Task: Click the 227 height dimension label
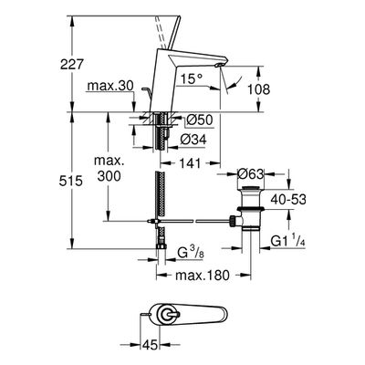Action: click(x=71, y=65)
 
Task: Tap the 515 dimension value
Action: click(x=71, y=181)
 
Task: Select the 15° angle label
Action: click(x=191, y=79)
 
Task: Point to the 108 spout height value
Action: click(x=258, y=89)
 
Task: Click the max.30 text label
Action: click(x=110, y=86)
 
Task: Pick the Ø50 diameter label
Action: click(x=199, y=120)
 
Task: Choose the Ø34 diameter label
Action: click(x=193, y=140)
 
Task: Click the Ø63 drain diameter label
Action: click(x=250, y=174)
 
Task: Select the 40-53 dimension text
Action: click(x=288, y=200)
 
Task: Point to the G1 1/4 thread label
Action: click(x=287, y=241)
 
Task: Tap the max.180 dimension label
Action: click(x=203, y=276)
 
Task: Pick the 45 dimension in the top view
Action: click(x=150, y=345)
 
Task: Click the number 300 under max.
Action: click(x=109, y=175)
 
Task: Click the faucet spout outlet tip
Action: click(x=217, y=66)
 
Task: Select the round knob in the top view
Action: click(x=167, y=316)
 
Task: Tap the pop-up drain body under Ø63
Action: click(x=251, y=207)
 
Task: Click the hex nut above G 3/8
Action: click(x=161, y=245)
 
